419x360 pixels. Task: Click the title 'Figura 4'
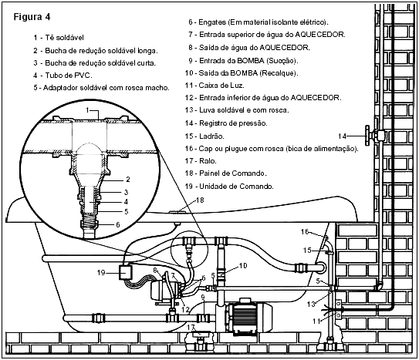(x=32, y=17)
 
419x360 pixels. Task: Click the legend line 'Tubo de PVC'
(x=63, y=76)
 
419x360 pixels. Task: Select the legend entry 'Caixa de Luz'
(x=215, y=86)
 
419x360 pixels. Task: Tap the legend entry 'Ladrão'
(x=204, y=136)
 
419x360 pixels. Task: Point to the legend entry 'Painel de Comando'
(x=226, y=173)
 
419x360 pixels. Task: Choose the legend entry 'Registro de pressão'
(x=226, y=123)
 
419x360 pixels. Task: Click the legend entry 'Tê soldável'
(x=59, y=38)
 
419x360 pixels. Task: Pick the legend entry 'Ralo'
(x=201, y=161)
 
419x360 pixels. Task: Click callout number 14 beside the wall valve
(x=342, y=136)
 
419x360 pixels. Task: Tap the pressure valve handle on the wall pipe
(x=368, y=136)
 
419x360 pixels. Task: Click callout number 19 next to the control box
(x=101, y=273)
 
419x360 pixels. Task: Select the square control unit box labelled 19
(x=125, y=272)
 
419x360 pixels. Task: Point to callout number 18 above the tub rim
(x=200, y=200)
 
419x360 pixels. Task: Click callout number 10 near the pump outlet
(x=242, y=265)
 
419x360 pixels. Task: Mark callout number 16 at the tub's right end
(x=305, y=231)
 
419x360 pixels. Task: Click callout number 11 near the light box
(x=316, y=321)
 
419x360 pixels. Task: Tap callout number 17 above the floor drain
(x=191, y=327)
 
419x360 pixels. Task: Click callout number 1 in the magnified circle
(x=87, y=109)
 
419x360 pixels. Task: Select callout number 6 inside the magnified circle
(x=118, y=224)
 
